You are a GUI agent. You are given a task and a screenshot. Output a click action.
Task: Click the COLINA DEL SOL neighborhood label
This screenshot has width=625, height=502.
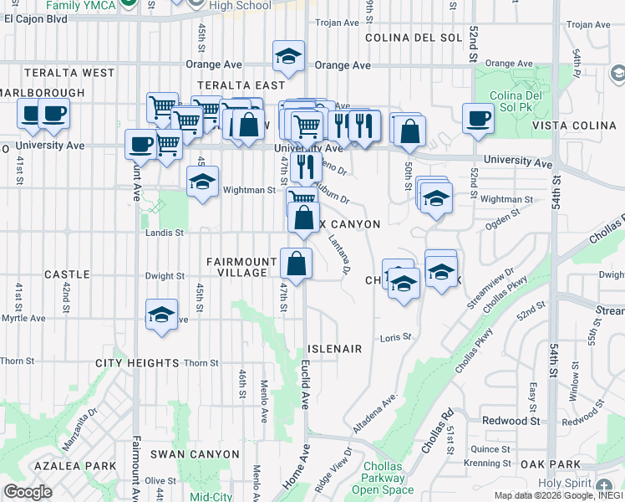[x=413, y=38]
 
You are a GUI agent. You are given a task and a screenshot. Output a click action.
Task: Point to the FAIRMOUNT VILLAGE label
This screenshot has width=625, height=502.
[x=241, y=268]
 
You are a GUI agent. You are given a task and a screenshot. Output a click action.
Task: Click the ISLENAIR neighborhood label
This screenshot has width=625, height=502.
[x=334, y=348]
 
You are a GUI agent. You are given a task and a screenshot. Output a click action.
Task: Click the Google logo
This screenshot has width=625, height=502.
[x=28, y=492]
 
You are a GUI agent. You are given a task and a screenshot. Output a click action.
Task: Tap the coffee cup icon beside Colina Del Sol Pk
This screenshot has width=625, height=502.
[x=479, y=118]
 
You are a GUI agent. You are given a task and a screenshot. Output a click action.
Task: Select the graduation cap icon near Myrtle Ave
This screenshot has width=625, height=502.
[x=162, y=315]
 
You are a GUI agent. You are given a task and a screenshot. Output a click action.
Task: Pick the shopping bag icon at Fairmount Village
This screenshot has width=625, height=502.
[x=296, y=264]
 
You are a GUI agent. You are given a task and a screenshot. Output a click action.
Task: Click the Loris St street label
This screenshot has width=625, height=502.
[x=396, y=337]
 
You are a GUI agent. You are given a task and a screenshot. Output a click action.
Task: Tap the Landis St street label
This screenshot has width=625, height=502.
[x=167, y=233]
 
